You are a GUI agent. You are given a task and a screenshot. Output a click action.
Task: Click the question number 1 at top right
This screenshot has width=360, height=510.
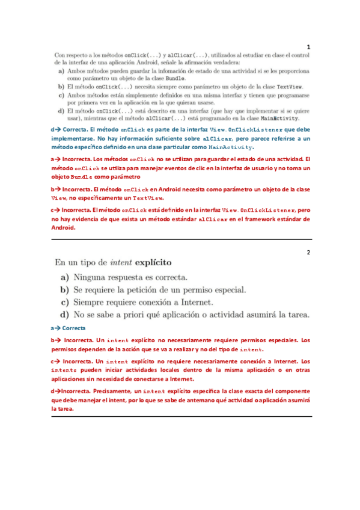point(308,46)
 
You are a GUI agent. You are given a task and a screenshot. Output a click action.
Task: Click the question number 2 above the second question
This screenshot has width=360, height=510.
point(308,252)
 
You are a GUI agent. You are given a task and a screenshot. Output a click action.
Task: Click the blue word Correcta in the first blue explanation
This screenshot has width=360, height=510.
point(74,130)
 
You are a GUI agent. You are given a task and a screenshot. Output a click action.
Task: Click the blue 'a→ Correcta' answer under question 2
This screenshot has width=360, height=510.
point(69,328)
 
